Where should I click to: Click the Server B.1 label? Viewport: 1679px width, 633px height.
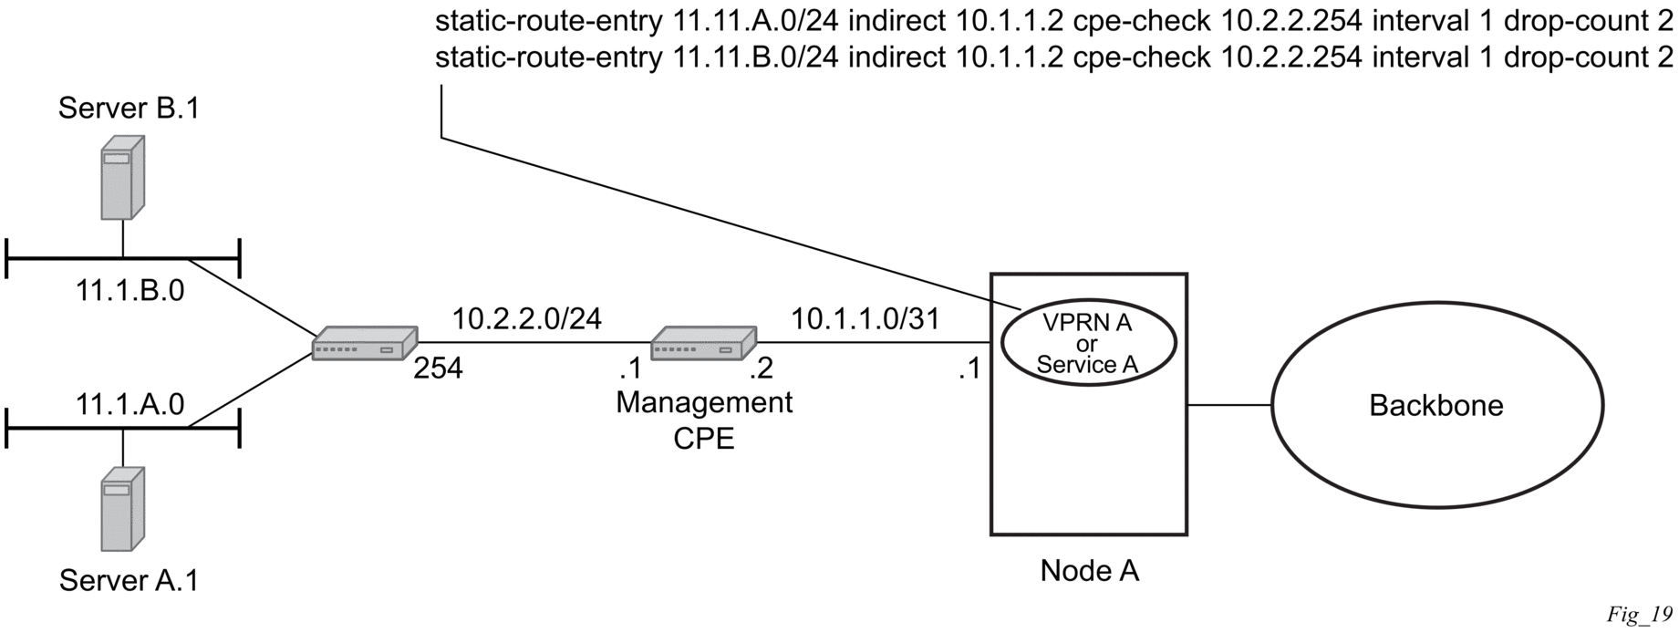(x=129, y=109)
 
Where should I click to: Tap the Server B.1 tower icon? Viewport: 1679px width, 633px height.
(x=122, y=178)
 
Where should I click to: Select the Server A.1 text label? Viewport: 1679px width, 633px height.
(x=129, y=580)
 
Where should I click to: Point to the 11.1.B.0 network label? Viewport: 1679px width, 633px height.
(x=130, y=290)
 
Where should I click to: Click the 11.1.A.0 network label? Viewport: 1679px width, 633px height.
(x=130, y=405)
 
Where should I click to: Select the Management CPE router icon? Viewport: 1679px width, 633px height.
(x=703, y=343)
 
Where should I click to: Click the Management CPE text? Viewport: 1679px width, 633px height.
(x=704, y=420)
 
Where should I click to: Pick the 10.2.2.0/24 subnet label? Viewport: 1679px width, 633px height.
(x=527, y=318)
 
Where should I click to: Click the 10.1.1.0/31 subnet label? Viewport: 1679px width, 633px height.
(x=865, y=318)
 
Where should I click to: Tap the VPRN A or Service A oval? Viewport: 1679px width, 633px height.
(x=1087, y=343)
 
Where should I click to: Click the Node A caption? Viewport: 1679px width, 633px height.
(x=1089, y=571)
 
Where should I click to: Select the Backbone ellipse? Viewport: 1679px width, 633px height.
(x=1436, y=405)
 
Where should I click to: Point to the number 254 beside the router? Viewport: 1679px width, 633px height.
(x=438, y=369)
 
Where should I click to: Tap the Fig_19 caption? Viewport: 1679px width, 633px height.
(x=1639, y=615)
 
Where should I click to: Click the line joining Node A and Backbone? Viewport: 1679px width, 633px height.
(x=1229, y=405)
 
